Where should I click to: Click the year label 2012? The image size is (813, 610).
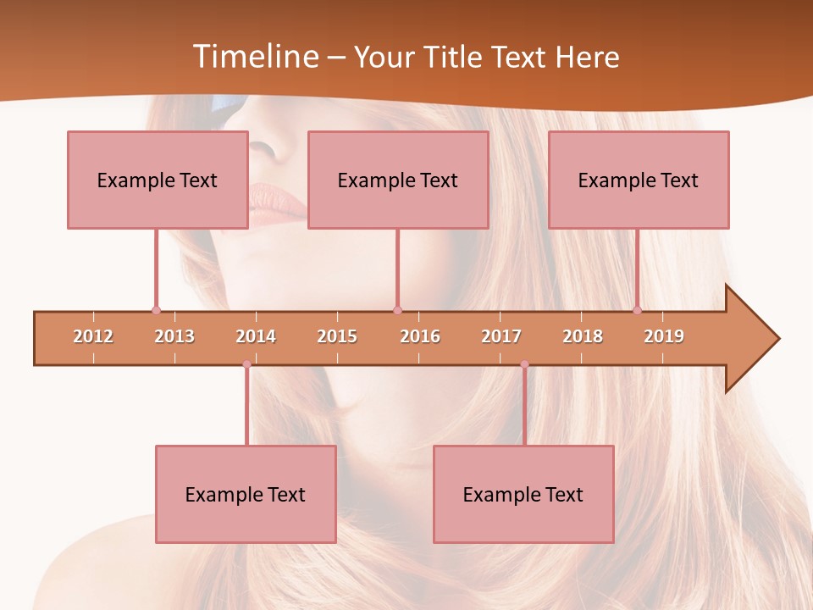[93, 336]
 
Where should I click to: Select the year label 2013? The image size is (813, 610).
[174, 336]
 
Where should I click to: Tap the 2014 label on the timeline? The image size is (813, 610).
[256, 336]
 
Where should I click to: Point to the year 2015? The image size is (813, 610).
[337, 336]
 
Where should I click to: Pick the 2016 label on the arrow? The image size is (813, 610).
[420, 336]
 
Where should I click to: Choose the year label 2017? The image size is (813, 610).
[501, 336]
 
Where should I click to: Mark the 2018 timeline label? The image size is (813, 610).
[583, 336]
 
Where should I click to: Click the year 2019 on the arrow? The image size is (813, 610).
[664, 336]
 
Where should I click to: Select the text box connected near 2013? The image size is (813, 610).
[158, 180]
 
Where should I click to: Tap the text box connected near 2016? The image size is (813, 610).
[398, 180]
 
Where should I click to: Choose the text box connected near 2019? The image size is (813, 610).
[639, 180]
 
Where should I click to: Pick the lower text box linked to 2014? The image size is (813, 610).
[246, 495]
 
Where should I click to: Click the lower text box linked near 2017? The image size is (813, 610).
[523, 495]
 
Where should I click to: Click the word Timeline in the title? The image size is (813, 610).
[257, 57]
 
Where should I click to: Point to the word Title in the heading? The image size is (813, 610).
[453, 58]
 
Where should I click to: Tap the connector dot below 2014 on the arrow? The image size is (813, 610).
[246, 364]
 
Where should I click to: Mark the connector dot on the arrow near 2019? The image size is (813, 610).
[637, 310]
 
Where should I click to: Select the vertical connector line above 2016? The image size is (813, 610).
[397, 269]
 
